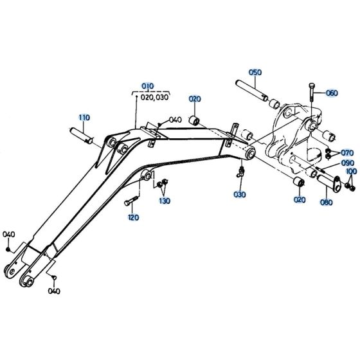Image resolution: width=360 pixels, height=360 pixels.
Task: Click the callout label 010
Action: coord(148,85)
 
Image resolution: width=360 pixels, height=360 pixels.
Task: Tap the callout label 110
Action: coord(84,118)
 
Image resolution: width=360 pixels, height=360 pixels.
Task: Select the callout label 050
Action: coord(255,73)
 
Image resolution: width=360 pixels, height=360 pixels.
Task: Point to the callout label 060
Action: coord(332,93)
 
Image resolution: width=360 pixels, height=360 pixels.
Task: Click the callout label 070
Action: coord(347,153)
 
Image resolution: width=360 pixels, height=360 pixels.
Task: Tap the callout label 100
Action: coord(351,173)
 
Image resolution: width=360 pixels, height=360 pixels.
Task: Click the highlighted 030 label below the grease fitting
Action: coord(240,194)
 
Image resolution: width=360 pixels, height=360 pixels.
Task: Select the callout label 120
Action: coord(134,218)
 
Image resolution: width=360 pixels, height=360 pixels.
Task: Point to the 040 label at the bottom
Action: coord(55,291)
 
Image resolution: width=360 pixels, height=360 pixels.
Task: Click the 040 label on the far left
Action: coord(8,233)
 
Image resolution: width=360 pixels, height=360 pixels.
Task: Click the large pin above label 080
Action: coord(328,182)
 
